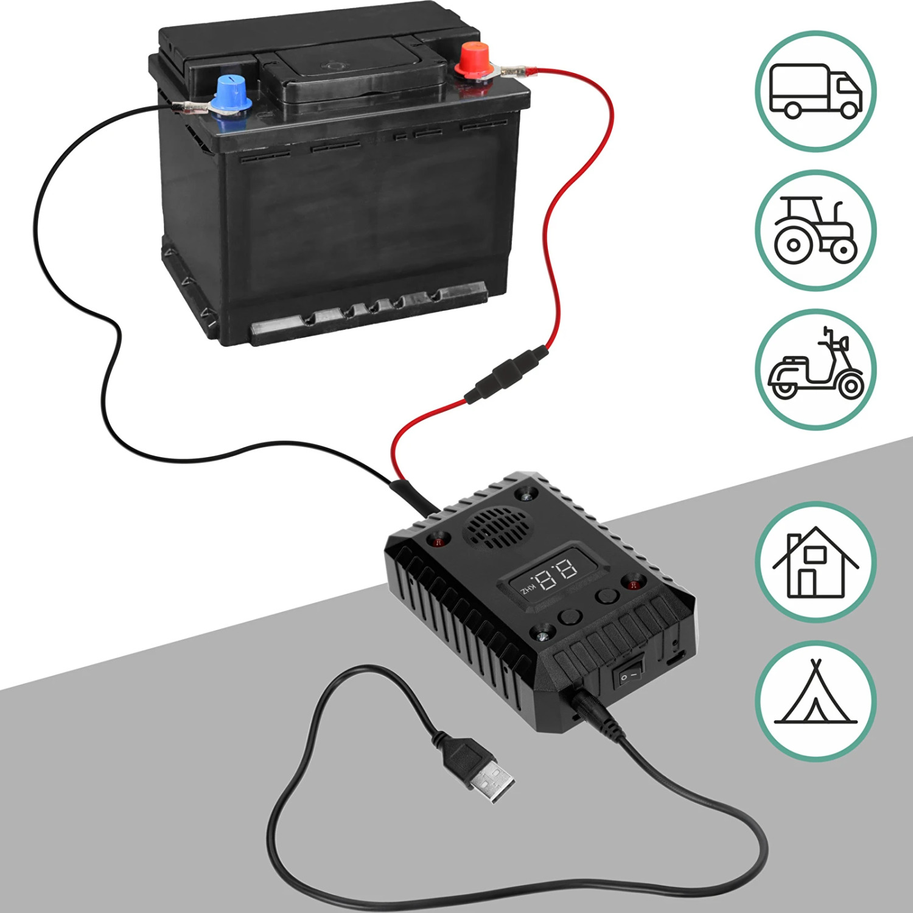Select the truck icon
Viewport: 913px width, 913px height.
[x=816, y=91]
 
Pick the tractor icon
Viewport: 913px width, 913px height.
[x=816, y=230]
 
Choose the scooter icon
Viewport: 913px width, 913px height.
[x=816, y=369]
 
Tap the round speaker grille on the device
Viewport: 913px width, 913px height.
[x=495, y=526]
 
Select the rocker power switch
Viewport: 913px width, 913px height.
[x=629, y=675]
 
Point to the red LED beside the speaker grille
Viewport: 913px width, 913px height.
[x=438, y=540]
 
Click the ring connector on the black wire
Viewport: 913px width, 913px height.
[x=189, y=109]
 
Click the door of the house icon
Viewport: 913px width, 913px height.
[x=807, y=582]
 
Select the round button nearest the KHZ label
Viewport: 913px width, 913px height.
[x=570, y=616]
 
